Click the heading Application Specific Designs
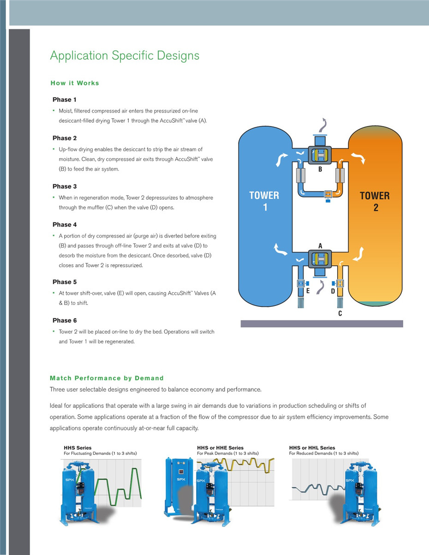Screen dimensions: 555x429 point(125,56)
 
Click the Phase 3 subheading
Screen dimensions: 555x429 point(65,186)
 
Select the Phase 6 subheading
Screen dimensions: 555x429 point(65,320)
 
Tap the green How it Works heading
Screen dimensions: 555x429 point(75,83)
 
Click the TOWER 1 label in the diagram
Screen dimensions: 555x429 point(264,201)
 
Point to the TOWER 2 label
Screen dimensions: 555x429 point(375,201)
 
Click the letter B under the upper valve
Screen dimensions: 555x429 point(320,170)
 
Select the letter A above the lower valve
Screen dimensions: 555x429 point(320,246)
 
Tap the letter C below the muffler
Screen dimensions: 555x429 point(340,314)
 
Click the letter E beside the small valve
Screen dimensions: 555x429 point(308,291)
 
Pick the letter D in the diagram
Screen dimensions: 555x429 point(332,291)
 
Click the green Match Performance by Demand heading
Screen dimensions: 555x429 point(107,378)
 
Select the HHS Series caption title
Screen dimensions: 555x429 point(77,448)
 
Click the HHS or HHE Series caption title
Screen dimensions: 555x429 point(220,448)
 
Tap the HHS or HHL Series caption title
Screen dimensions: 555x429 point(312,448)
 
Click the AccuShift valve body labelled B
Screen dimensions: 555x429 point(320,154)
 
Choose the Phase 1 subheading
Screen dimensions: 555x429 point(65,100)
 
